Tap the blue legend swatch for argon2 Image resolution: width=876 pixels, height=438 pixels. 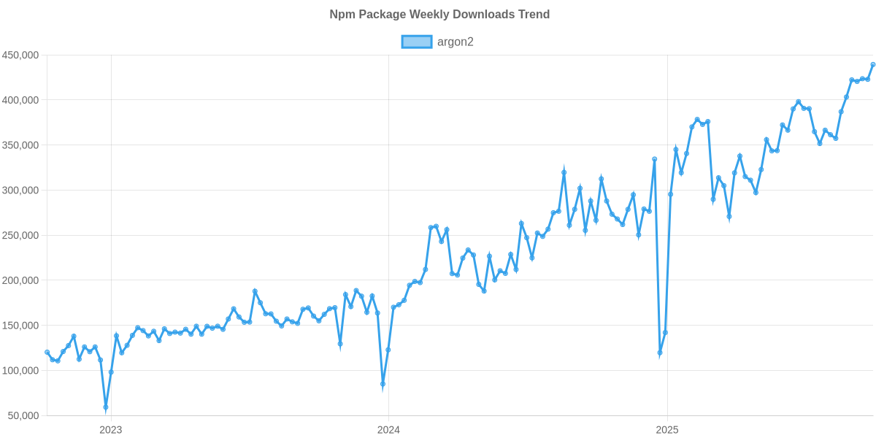click(416, 42)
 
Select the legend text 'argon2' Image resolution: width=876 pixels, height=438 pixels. click(456, 42)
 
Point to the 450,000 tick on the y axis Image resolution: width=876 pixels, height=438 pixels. click(20, 55)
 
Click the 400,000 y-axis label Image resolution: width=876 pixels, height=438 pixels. click(20, 100)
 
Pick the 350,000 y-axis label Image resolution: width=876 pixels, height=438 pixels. click(20, 145)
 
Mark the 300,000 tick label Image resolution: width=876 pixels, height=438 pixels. click(20, 191)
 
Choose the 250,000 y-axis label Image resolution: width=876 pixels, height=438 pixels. click(20, 236)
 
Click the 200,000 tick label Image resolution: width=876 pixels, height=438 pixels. click(20, 280)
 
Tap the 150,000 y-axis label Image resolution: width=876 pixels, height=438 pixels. click(20, 326)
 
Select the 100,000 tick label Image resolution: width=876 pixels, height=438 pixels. click(20, 371)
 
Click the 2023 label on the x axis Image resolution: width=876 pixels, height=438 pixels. click(110, 429)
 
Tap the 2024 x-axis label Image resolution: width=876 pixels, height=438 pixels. click(388, 429)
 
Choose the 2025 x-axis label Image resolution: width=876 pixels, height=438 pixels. click(666, 429)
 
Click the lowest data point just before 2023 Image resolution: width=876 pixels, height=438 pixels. click(106, 407)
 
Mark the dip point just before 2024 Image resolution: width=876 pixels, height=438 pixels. click(383, 385)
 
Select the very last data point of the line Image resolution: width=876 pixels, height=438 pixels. click(873, 64)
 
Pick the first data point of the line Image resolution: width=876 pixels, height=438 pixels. click(47, 352)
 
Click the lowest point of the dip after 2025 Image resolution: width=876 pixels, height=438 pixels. click(660, 353)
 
